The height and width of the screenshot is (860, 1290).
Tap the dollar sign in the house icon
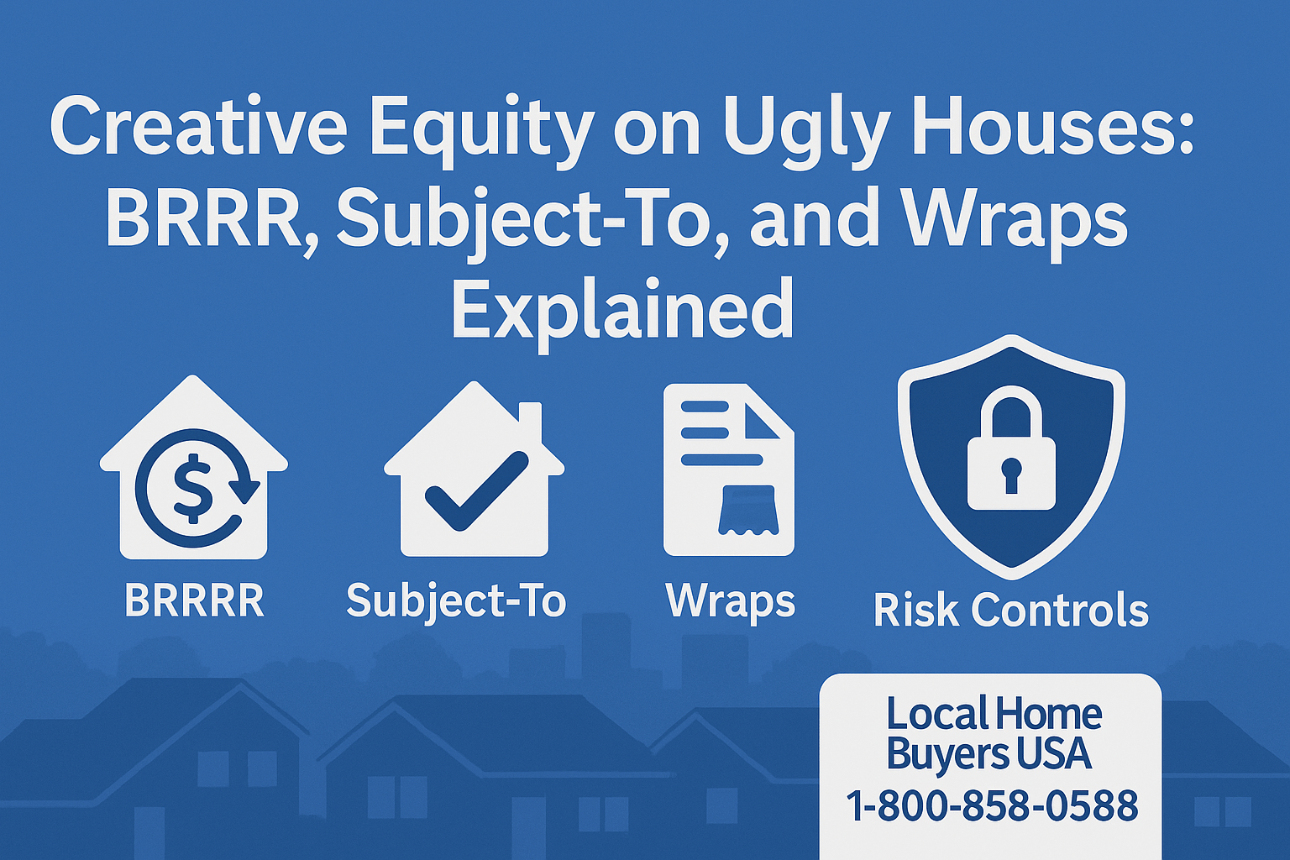193,487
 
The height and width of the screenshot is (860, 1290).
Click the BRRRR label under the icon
194,600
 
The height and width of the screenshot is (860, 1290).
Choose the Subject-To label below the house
456,601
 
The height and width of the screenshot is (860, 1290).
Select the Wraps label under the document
730,601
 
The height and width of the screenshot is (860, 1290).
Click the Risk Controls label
1010,610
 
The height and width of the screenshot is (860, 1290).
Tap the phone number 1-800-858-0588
991,805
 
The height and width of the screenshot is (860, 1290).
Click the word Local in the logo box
936,715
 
